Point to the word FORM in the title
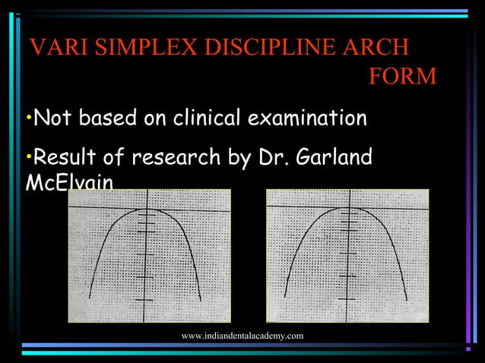pos(402,77)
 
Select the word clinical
pos(208,119)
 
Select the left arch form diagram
pos(149,255)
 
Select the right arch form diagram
pos(347,255)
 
